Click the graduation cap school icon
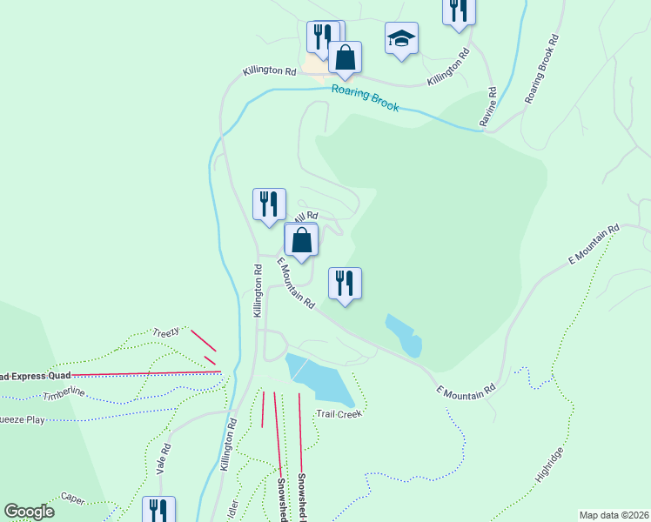coord(401,39)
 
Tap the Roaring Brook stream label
coord(365,97)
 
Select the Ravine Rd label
coord(492,103)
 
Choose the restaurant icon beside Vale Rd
coord(158,510)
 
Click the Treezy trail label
coord(165,331)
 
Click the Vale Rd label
coord(163,458)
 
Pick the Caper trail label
coord(73,498)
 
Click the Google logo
coord(29,512)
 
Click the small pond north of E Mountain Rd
coord(405,334)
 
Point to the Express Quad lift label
coord(35,376)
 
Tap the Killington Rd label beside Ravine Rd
coord(448,69)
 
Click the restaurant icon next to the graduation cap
coord(458,10)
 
